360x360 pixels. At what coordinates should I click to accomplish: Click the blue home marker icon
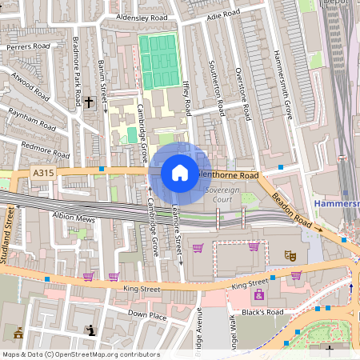tap(179, 173)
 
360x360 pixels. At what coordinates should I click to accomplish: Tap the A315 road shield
tap(43, 172)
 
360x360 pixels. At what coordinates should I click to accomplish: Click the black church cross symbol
tap(89, 102)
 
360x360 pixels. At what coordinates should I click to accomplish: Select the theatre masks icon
tap(290, 255)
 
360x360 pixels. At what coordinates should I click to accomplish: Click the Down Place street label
tap(147, 315)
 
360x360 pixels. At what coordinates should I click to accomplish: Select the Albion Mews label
tap(74, 218)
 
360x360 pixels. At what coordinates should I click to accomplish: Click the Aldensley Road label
tap(142, 17)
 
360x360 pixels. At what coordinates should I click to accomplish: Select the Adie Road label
tap(223, 14)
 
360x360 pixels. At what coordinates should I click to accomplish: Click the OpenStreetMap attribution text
tap(80, 354)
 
